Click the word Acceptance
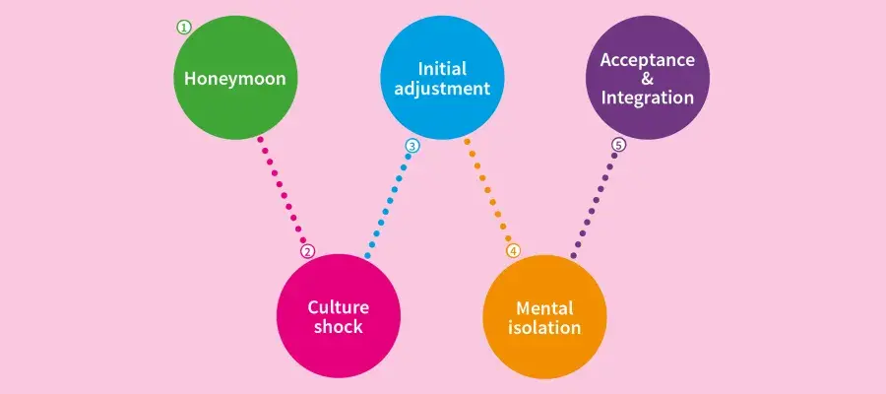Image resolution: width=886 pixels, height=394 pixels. pyautogui.click(x=647, y=59)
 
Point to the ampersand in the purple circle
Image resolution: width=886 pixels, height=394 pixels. pyautogui.click(x=647, y=79)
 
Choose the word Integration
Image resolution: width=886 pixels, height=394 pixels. pyautogui.click(x=647, y=98)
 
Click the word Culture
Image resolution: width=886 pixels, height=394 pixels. pyautogui.click(x=338, y=306)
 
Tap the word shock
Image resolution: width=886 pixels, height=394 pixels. pyautogui.click(x=338, y=326)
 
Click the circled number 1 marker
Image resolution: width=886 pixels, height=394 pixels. pyautogui.click(x=184, y=28)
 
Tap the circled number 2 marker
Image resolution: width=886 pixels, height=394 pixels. pyautogui.click(x=308, y=251)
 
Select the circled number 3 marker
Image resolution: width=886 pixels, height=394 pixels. pyautogui.click(x=412, y=146)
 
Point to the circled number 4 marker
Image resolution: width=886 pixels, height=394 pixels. pyautogui.click(x=513, y=250)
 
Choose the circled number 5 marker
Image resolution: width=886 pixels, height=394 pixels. pyautogui.click(x=618, y=145)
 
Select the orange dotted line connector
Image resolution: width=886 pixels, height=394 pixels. pyautogui.click(x=487, y=192)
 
